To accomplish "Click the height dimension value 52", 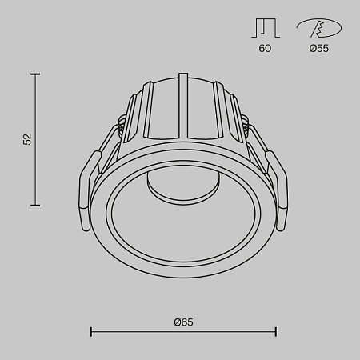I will pos(27,139).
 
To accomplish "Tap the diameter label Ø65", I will pos(183,322).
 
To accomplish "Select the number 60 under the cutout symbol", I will pos(265,49).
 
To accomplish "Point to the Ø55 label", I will pos(318,49).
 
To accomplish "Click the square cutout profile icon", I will pos(265,28).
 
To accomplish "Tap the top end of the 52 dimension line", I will pos(35,74).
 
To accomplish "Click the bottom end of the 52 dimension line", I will pos(35,206).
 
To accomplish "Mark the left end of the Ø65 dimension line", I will pos(90,331).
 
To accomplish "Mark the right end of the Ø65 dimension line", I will pos(276,331).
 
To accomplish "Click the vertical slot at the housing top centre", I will pos(184,104).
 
